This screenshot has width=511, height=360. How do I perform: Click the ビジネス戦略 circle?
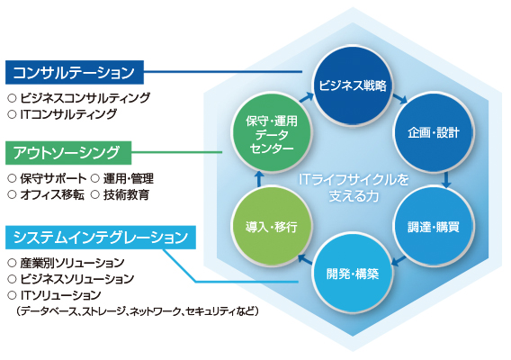click(x=351, y=86)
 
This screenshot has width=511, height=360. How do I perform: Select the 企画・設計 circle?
click(x=427, y=133)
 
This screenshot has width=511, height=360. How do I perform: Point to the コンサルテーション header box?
click(x=75, y=71)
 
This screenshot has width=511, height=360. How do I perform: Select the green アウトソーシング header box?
click(x=68, y=150)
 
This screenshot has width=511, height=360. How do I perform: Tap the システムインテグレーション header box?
click(x=101, y=238)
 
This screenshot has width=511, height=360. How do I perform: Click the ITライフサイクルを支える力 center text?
click(x=350, y=187)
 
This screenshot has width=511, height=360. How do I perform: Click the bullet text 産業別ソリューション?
click(x=72, y=263)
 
